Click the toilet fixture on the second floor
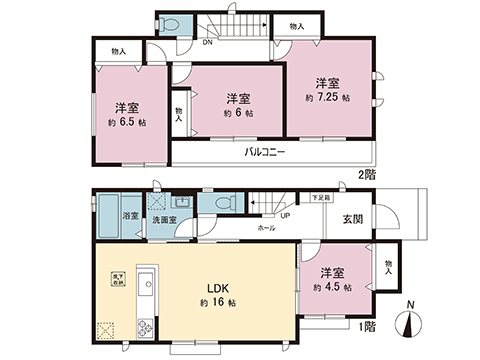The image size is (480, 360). [x=171, y=24]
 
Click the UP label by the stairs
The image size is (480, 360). [x=285, y=216]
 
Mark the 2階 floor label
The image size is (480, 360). [x=366, y=174]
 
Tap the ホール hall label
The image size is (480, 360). [x=267, y=228]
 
